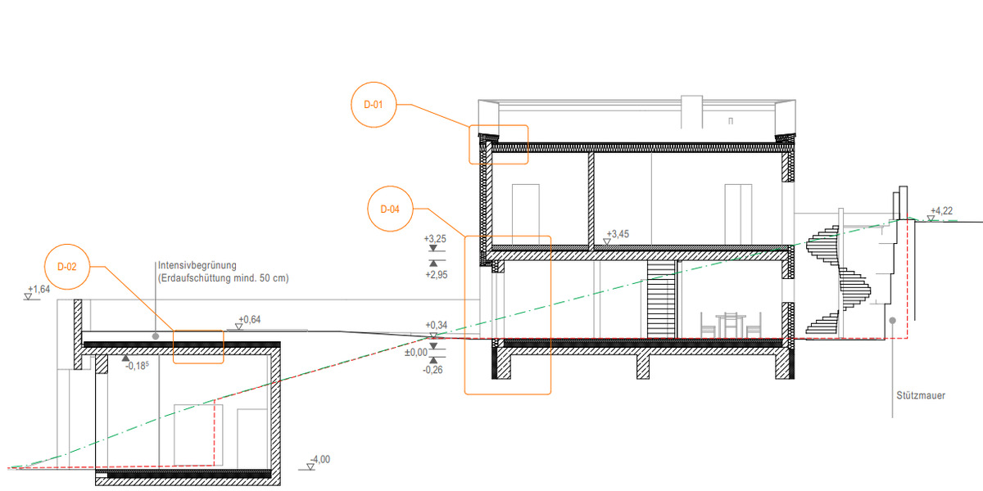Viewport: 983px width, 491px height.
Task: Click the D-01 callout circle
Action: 374,104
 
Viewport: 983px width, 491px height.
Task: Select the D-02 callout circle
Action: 67,267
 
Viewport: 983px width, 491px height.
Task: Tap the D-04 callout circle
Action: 390,209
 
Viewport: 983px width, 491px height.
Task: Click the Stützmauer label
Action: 921,395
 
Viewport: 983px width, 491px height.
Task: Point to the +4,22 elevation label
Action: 941,210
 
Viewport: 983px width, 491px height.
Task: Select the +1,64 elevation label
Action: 39,290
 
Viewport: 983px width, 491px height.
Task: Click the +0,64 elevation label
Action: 250,319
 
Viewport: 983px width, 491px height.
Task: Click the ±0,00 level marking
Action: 417,352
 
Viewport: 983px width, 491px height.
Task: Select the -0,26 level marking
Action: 434,370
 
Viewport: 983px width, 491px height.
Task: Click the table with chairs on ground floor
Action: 731,325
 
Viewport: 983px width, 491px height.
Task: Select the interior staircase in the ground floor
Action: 660,299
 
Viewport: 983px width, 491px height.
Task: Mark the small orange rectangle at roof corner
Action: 498,144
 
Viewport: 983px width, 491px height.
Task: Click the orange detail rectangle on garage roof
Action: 198,346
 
